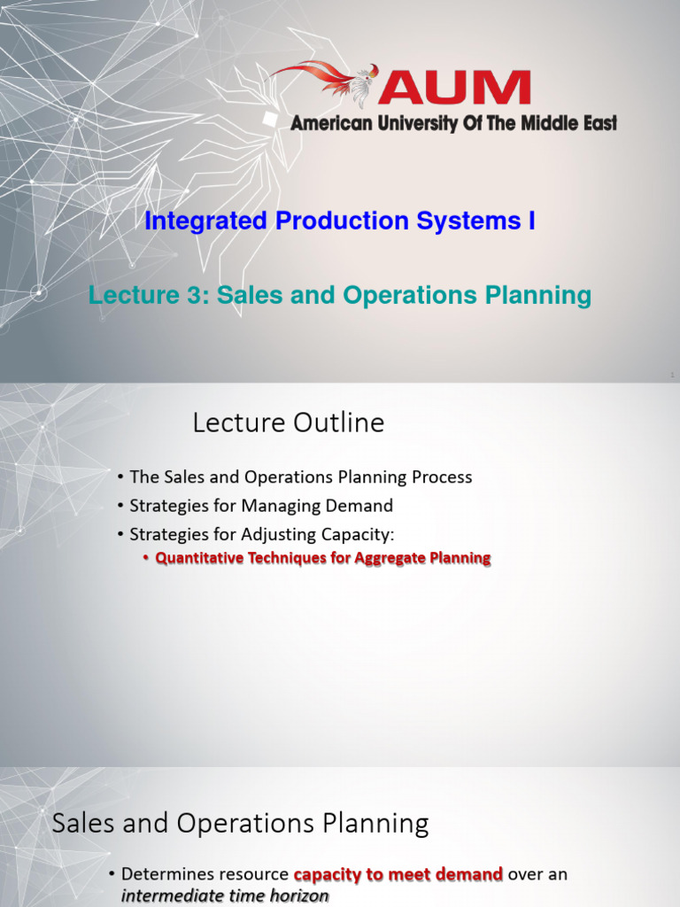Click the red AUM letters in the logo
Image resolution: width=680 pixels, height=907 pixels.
455,88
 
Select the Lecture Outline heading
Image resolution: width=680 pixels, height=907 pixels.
289,423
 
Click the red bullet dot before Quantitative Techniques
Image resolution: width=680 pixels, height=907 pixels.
147,559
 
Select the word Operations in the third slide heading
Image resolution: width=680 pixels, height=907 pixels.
243,824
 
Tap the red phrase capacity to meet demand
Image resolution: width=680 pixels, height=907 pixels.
398,874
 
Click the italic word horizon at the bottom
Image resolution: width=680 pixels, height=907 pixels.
299,896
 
